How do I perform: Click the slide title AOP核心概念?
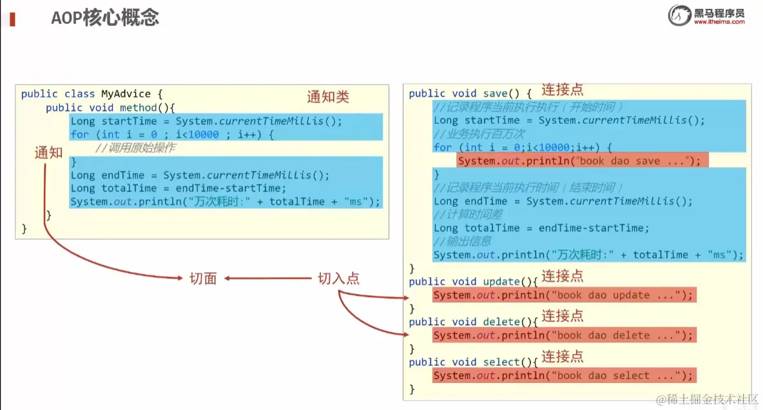[105, 17]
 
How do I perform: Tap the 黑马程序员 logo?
[707, 15]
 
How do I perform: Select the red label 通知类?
[328, 97]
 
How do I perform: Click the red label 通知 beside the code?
[49, 153]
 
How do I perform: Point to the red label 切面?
[203, 278]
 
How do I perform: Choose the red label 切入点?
[338, 278]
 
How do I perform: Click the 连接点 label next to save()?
[562, 90]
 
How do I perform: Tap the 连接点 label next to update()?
[562, 276]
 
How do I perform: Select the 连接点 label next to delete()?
[562, 316]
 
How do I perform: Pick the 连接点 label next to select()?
[562, 356]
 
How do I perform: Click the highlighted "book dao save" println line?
[583, 161]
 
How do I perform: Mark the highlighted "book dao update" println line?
[564, 295]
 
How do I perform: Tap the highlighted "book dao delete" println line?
[564, 335]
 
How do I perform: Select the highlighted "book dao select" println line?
[564, 375]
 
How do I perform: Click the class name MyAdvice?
[126, 94]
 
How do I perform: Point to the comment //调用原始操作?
[135, 148]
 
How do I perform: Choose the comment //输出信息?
[463, 241]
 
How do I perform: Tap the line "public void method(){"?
[110, 108]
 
